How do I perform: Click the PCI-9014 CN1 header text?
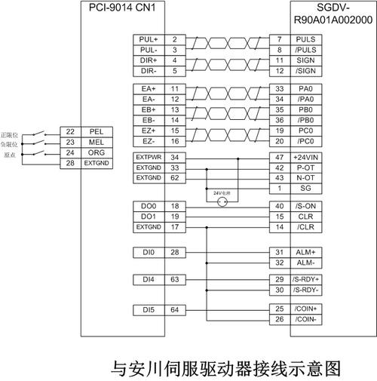pos(121,8)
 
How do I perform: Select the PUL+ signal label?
pos(148,38)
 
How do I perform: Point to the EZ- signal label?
pos(148,141)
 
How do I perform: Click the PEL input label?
pos(96,131)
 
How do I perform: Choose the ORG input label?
pos(96,152)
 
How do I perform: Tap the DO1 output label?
pos(148,216)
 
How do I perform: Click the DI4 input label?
pos(148,279)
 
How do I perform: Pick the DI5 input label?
pos(148,309)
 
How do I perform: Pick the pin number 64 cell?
pos(174,309)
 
